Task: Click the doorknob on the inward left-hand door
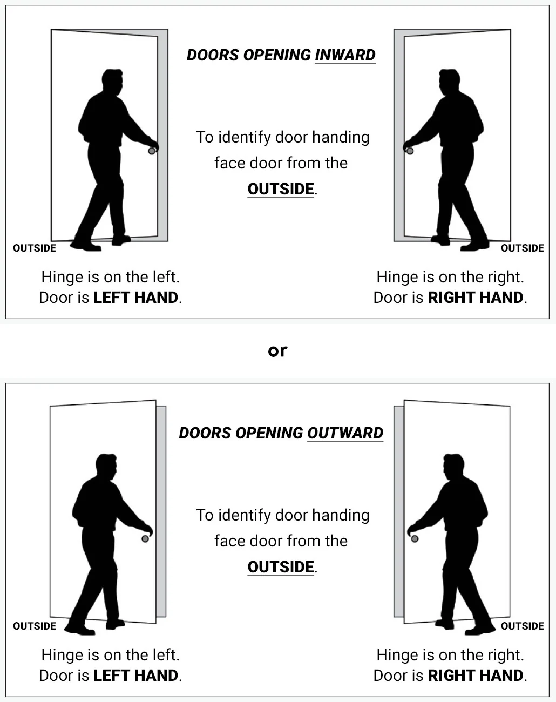coord(152,151)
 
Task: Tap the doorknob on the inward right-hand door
coord(410,151)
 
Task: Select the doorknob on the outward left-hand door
coord(145,538)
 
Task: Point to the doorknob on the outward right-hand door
coord(415,538)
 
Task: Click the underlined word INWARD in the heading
coord(345,55)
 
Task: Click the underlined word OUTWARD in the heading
coord(345,433)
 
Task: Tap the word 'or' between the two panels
coord(277,351)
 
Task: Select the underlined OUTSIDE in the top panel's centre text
coord(281,189)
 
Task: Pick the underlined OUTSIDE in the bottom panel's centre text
coord(281,567)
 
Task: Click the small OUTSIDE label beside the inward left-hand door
coord(35,248)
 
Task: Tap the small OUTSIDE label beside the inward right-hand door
coord(523,248)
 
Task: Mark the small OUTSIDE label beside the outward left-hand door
coord(35,626)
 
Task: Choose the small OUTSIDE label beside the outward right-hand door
coord(523,626)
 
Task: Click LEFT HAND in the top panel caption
coord(135,298)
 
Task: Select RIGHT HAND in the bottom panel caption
coord(476,675)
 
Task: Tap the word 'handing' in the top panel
coord(341,138)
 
